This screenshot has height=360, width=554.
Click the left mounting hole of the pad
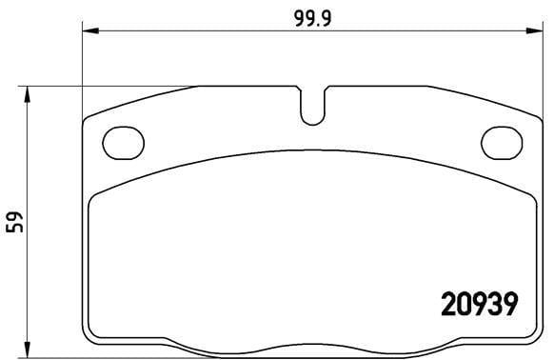point(121,142)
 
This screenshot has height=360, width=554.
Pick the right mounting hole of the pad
point(502,142)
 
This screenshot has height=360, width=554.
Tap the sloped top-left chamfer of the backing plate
point(143,100)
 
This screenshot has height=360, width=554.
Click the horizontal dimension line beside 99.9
point(190,31)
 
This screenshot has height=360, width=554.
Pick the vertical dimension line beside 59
point(29,286)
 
